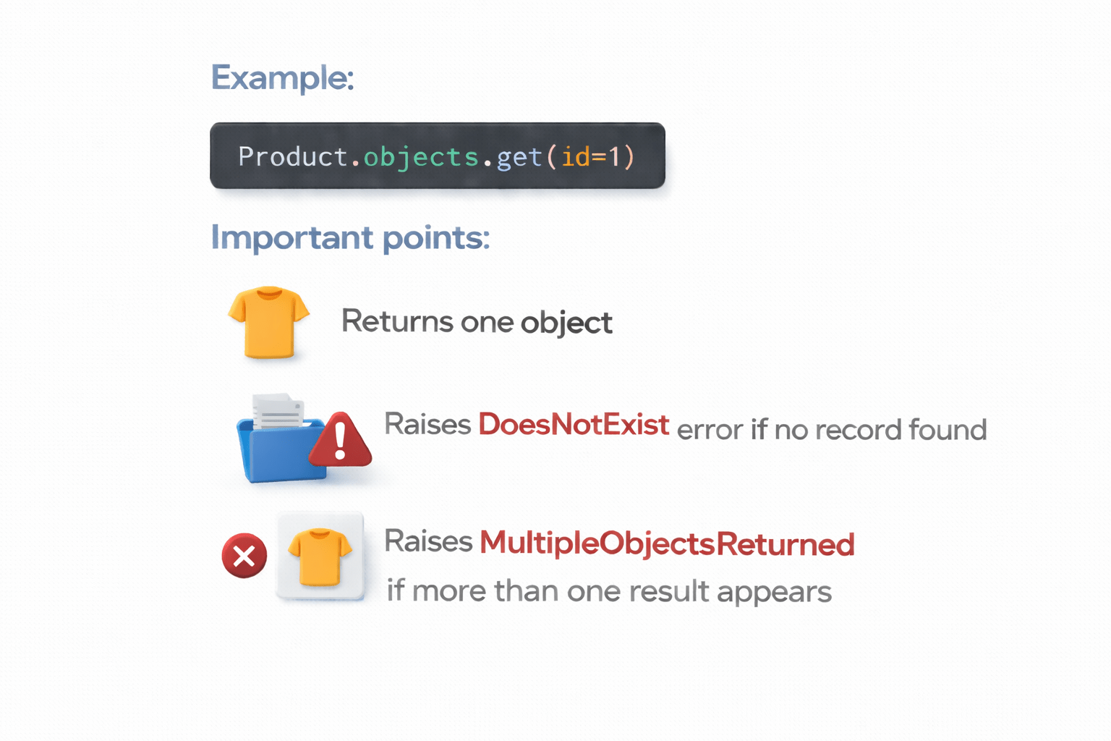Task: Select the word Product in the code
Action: (x=293, y=156)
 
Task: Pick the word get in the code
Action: (x=519, y=157)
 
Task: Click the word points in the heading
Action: (x=435, y=238)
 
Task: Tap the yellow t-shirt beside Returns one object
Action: (x=268, y=322)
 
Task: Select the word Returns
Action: (x=397, y=321)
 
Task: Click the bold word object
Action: (x=566, y=323)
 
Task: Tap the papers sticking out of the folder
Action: (x=277, y=410)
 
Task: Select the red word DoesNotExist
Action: (x=573, y=425)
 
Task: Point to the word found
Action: (x=948, y=430)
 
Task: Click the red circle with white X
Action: (x=244, y=556)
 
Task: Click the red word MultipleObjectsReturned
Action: (x=667, y=544)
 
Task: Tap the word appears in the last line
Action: (x=774, y=592)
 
